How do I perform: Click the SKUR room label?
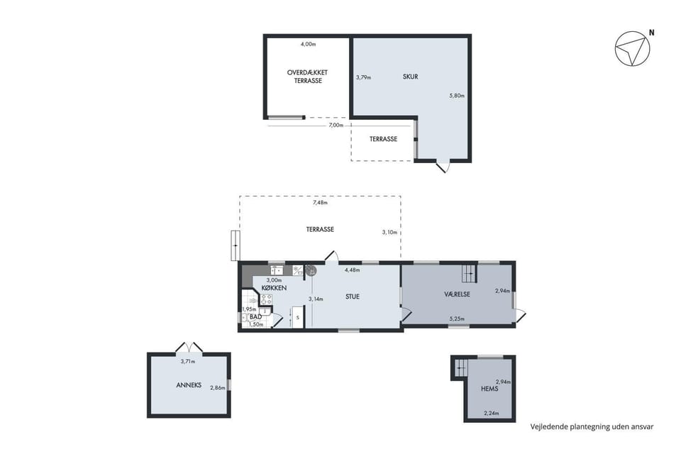(x=411, y=77)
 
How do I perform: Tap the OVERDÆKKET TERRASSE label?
(x=307, y=77)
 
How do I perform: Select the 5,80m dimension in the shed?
(x=457, y=96)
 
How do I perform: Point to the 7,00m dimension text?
(x=336, y=125)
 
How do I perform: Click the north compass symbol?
(x=632, y=49)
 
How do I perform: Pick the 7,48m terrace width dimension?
(x=320, y=202)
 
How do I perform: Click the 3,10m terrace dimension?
(x=389, y=233)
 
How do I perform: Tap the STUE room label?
(x=353, y=297)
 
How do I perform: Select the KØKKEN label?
(x=274, y=288)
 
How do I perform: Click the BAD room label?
(x=255, y=317)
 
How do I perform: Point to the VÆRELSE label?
(x=457, y=294)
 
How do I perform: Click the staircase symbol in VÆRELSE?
(x=469, y=273)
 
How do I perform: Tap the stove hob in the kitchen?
(x=266, y=299)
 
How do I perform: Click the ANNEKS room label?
(x=189, y=385)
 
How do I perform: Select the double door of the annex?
(x=189, y=348)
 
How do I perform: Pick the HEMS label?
(x=489, y=389)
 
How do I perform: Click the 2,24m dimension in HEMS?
(x=491, y=413)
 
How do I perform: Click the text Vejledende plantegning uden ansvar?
(x=592, y=426)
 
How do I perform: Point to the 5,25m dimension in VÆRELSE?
(x=456, y=319)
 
